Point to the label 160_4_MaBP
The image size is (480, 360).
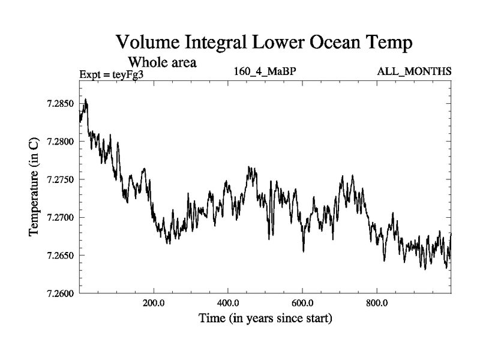pos(266,72)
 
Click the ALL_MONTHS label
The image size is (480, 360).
pos(414,72)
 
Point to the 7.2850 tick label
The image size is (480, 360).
pos(58,104)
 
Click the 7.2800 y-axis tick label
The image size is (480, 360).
pos(58,142)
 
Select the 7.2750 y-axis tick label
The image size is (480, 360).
pos(58,179)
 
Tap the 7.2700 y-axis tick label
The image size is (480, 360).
pos(58,217)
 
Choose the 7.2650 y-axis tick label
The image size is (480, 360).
pos(58,256)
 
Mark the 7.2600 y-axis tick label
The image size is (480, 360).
pos(58,293)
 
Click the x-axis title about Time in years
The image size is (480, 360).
pos(265,318)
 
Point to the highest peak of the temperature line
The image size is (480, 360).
pos(86,100)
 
